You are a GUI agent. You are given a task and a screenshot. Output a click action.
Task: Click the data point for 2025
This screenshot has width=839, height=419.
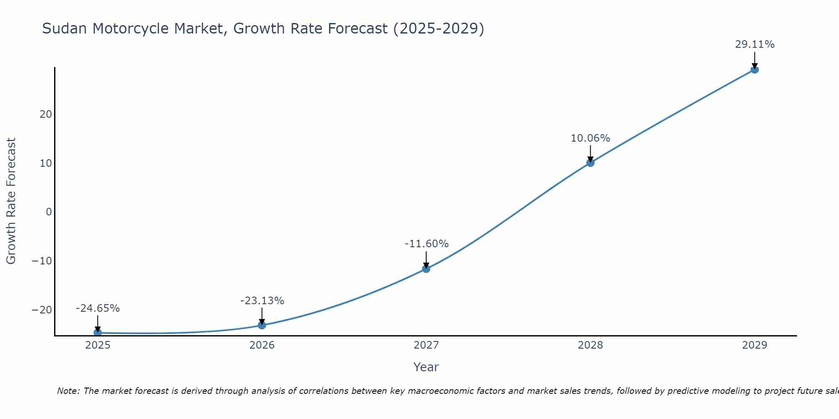[98, 333]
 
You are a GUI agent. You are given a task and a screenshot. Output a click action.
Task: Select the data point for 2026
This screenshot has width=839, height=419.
[262, 325]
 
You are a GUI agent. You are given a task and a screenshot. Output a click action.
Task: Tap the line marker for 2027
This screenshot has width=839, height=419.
[426, 269]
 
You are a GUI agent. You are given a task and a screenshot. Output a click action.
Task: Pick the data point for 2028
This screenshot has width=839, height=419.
[590, 163]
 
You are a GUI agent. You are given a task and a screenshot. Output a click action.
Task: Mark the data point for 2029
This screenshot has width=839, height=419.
[755, 70]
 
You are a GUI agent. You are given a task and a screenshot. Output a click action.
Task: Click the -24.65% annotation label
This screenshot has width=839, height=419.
[98, 308]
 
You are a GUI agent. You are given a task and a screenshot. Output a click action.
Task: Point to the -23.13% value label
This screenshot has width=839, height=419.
[262, 301]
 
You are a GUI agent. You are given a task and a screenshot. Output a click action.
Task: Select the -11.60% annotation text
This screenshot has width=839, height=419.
[427, 244]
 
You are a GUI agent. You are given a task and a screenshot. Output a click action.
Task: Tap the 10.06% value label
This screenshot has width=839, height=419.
[590, 138]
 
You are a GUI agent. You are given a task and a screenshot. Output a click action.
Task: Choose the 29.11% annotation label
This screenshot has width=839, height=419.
[755, 44]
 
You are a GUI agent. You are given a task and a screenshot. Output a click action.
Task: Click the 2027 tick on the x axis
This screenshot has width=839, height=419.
[426, 345]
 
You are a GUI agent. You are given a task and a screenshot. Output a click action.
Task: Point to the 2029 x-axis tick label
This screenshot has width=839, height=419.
[755, 345]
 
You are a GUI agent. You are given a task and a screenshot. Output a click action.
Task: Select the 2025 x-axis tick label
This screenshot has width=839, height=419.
[98, 345]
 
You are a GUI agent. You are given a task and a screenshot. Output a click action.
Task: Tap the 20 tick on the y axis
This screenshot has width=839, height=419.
[46, 114]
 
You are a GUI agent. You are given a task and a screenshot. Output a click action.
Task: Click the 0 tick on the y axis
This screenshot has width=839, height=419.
[49, 212]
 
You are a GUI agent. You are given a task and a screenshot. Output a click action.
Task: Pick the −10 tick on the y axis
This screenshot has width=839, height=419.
[42, 261]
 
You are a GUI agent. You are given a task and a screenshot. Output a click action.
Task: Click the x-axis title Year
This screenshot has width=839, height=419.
[426, 367]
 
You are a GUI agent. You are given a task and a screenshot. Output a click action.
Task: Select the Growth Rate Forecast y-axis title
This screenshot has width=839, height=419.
[11, 201]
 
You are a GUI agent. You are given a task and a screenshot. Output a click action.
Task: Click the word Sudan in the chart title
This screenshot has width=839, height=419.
[65, 28]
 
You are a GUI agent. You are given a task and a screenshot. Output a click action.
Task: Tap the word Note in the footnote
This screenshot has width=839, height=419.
[68, 391]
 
